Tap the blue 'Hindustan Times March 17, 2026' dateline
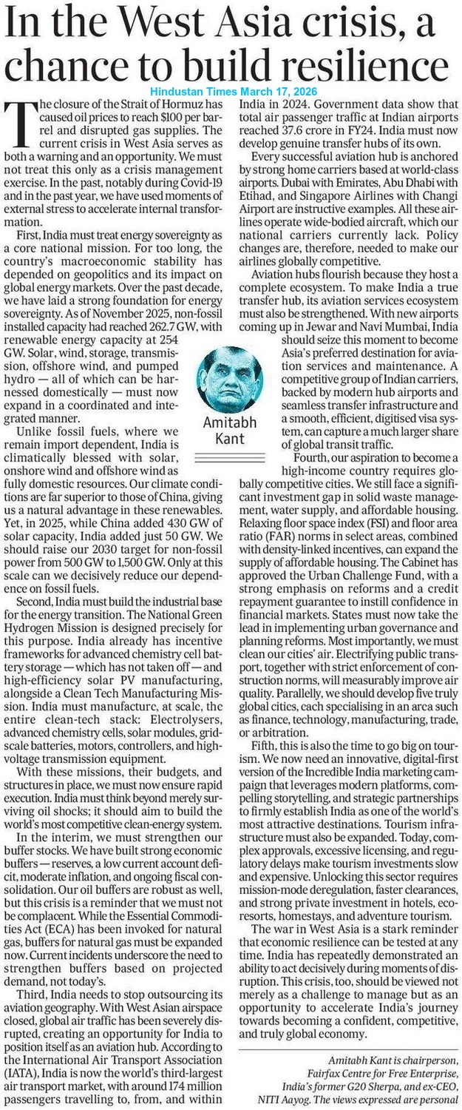pyautogui.click(x=232, y=91)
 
